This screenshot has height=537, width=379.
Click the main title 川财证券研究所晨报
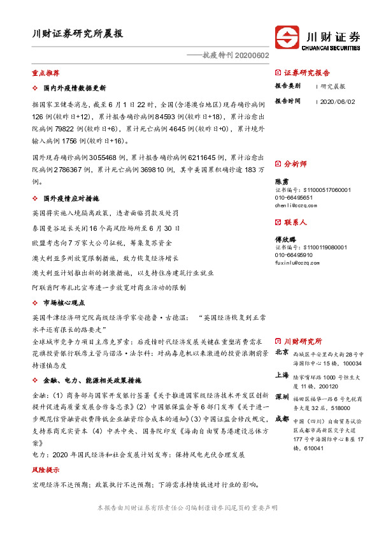pyautogui.click(x=78, y=34)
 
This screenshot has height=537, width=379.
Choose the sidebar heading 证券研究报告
pyautogui.click(x=307, y=72)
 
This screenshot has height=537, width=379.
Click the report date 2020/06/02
pyautogui.click(x=338, y=101)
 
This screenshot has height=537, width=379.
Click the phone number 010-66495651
pyautogui.click(x=294, y=198)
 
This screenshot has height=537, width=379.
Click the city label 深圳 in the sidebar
pyautogui.click(x=282, y=397)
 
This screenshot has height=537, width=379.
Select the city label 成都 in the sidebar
pyautogui.click(x=282, y=419)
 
